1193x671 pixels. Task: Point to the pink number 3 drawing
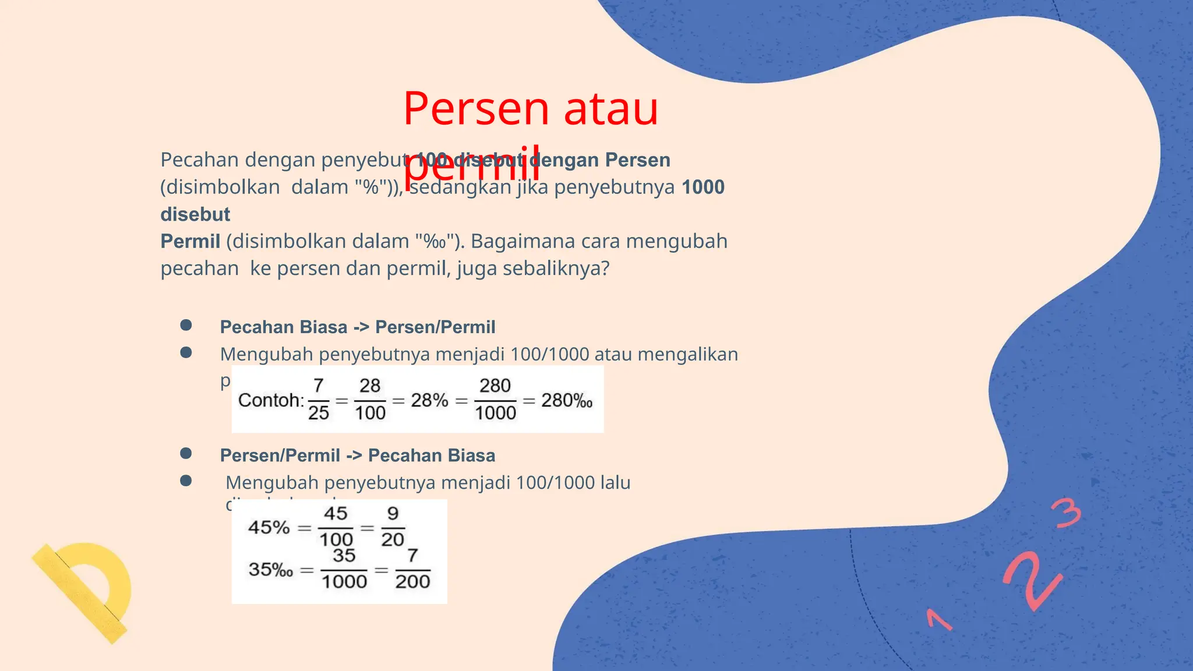pos(1066,513)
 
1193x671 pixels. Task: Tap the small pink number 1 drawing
pos(938,620)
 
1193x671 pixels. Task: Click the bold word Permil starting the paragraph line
pos(190,241)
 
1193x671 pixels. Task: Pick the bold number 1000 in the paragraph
pos(703,187)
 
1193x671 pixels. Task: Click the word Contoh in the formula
pos(270,400)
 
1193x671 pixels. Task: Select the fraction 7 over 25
pos(319,400)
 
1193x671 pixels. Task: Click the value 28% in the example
pos(429,400)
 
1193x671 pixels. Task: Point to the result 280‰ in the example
pos(567,400)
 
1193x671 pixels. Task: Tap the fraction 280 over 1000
pos(495,400)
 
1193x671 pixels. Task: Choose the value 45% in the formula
pos(269,528)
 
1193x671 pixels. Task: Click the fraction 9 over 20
pos(393,527)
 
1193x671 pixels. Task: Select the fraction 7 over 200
pos(412,568)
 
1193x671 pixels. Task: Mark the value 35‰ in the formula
pos(270,569)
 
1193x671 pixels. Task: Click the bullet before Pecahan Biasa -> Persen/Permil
pos(186,325)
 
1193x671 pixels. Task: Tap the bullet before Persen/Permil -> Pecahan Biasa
pos(186,453)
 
